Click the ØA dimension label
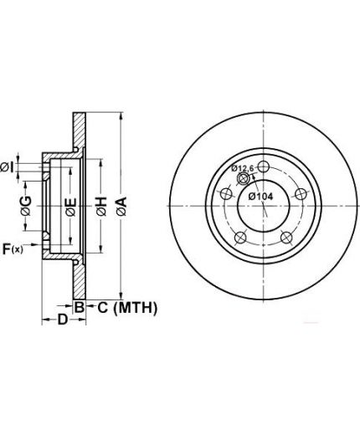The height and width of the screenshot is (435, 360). (x=122, y=206)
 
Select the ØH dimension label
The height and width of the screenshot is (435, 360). (x=101, y=206)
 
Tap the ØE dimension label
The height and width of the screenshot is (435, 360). (x=70, y=207)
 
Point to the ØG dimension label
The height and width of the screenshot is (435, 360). (x=26, y=206)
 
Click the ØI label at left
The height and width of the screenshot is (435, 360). (x=7, y=167)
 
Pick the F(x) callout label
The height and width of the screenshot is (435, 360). (x=13, y=248)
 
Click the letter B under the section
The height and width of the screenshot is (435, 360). (x=80, y=307)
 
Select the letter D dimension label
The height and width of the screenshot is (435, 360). (x=63, y=320)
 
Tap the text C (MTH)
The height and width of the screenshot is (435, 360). (x=127, y=308)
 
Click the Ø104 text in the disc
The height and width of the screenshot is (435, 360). (x=260, y=197)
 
